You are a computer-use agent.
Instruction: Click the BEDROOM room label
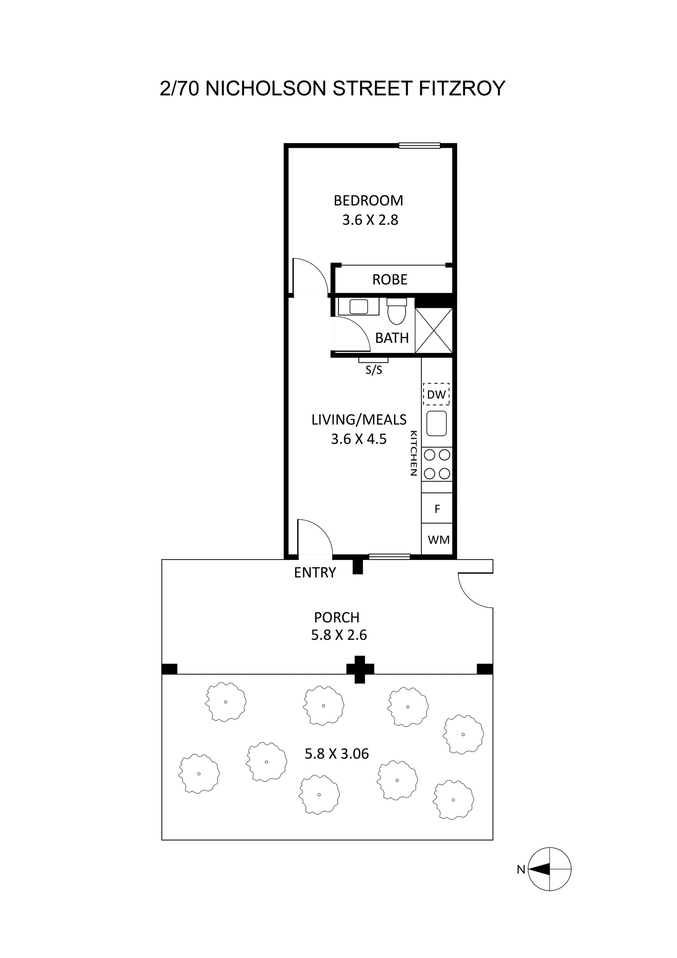click(368, 201)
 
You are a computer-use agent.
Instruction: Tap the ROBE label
click(390, 279)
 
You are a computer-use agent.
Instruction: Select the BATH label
click(392, 338)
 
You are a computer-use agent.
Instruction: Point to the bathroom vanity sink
click(359, 307)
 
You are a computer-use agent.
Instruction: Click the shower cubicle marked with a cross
click(434, 331)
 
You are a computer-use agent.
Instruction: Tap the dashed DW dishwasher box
click(437, 394)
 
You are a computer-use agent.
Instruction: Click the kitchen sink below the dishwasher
click(437, 423)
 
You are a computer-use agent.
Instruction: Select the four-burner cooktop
click(437, 464)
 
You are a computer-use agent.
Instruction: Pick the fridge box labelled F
click(437, 508)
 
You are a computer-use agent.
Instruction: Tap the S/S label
click(373, 370)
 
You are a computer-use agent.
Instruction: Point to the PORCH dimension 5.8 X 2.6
click(339, 635)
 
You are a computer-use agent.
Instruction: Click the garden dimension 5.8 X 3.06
click(337, 754)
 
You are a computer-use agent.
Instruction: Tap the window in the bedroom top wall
click(419, 146)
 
